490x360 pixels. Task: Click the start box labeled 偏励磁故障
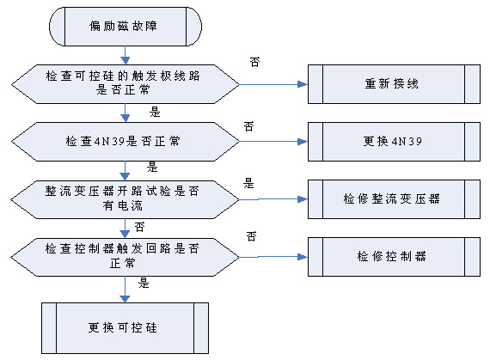pyautogui.click(x=126, y=27)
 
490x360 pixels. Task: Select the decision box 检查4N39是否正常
pyautogui.click(x=126, y=142)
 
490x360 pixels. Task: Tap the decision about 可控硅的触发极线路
pyautogui.click(x=126, y=84)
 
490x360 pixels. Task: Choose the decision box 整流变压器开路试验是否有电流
pyautogui.click(x=125, y=199)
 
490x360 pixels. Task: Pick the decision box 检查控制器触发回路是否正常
pyautogui.click(x=125, y=257)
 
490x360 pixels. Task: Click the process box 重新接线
pyautogui.click(x=394, y=84)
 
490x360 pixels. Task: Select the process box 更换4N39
pyautogui.click(x=394, y=142)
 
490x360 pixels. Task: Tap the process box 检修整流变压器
pyautogui.click(x=394, y=198)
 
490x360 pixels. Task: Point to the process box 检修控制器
pyautogui.click(x=394, y=257)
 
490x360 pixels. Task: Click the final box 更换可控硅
pyautogui.click(x=125, y=328)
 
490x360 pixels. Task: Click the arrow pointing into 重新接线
pyautogui.click(x=273, y=84)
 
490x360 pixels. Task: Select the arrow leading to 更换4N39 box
pyautogui.click(x=273, y=142)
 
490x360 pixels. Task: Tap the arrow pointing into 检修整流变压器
pyautogui.click(x=273, y=198)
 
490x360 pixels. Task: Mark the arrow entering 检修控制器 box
pyautogui.click(x=273, y=257)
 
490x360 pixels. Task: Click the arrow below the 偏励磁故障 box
pyautogui.click(x=125, y=55)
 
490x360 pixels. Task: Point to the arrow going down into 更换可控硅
pyautogui.click(x=125, y=290)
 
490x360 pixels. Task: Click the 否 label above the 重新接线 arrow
pyautogui.click(x=254, y=62)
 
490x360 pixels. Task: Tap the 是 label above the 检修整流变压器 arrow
pyautogui.click(x=248, y=183)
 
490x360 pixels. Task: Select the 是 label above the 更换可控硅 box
pyautogui.click(x=144, y=283)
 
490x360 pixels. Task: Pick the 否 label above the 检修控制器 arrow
pyautogui.click(x=252, y=236)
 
